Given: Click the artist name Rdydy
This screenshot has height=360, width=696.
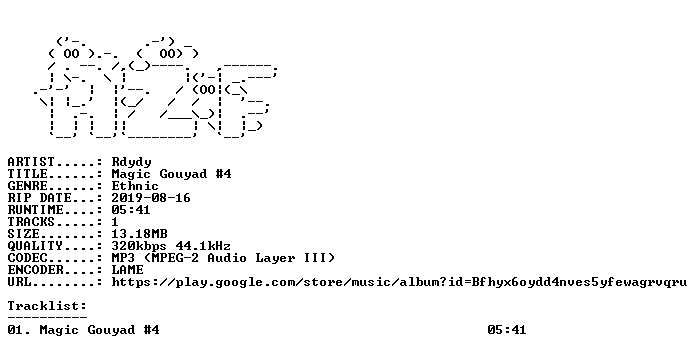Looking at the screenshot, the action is [x=131, y=162].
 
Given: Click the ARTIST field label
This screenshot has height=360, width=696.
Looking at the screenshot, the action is [x=31, y=162].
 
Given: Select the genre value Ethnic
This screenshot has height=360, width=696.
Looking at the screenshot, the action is [x=135, y=186].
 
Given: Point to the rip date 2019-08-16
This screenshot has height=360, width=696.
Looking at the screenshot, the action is [x=151, y=198].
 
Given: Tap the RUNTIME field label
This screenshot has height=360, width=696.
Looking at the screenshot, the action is [x=35, y=210].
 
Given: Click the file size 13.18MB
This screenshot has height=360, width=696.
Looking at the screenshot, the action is [x=139, y=233].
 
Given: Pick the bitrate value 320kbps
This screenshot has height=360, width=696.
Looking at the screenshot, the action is [x=139, y=246].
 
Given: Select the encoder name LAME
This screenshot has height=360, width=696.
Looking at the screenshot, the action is [x=127, y=269].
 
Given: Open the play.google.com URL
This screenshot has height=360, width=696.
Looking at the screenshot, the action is [x=399, y=282].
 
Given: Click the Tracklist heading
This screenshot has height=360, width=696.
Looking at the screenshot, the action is [x=47, y=306].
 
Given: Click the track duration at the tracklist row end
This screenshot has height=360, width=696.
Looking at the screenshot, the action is [x=506, y=330].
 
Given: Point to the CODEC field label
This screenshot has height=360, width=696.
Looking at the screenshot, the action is [x=27, y=257].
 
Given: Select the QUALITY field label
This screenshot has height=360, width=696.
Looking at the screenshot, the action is [x=35, y=245].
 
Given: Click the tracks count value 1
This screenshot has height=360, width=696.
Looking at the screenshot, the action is [x=115, y=222].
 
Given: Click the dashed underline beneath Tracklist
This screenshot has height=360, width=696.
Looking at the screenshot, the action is [x=47, y=317].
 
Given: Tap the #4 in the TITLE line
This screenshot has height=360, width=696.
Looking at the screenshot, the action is [x=223, y=174].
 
